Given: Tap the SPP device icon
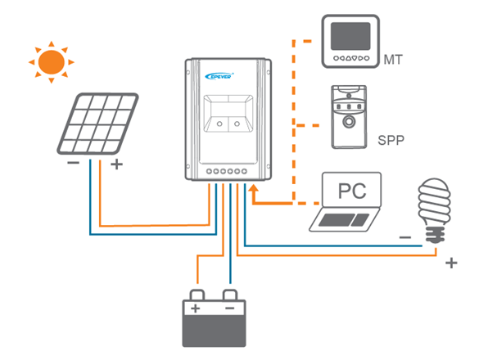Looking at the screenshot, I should pos(348,117).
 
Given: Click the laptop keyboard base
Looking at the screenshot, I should pos(346,220).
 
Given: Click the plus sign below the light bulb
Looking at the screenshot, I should pos(450,263).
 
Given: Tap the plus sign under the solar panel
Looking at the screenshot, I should pos(115,164).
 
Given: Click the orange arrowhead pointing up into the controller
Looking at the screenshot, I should pos(252,191).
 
